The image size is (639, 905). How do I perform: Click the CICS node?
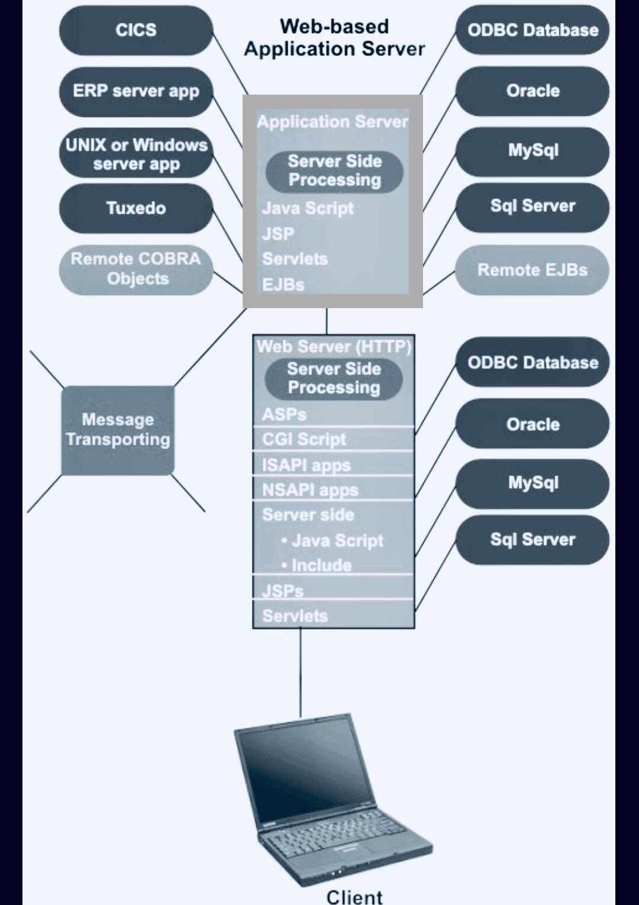[x=136, y=30]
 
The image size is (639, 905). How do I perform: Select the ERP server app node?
[x=136, y=91]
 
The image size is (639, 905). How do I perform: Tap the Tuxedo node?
[x=136, y=208]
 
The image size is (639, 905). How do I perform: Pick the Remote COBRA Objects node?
[x=136, y=269]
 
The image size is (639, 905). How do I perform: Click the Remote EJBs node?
[x=532, y=270]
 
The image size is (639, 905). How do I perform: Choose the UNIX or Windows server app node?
[x=136, y=154]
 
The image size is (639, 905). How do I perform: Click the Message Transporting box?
[x=118, y=430]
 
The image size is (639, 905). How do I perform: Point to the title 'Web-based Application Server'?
[x=334, y=37]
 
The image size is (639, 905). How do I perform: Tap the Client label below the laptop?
[x=354, y=896]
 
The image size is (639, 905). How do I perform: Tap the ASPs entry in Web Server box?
[x=284, y=415]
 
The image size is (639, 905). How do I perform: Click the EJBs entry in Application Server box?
[x=283, y=285]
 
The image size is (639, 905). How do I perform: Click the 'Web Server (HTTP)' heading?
[x=334, y=347]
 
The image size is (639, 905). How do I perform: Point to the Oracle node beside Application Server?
[x=532, y=91]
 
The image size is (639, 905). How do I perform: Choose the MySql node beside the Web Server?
[x=532, y=483]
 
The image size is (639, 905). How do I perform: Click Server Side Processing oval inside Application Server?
[x=334, y=171]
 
